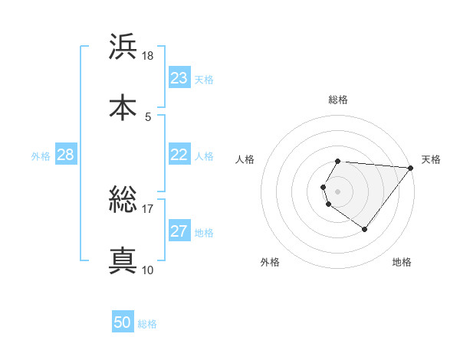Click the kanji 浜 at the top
(123, 47)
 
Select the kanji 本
(123, 107)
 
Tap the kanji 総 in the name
(123, 201)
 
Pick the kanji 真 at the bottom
(123, 260)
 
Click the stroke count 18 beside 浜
(148, 56)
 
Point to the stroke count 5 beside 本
(148, 116)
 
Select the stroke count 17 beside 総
(148, 209)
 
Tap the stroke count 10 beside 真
(148, 270)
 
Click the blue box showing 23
(179, 78)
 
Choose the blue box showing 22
(179, 155)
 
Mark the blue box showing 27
(179, 231)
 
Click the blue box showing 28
(66, 155)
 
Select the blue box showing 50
(123, 322)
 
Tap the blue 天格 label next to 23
(204, 79)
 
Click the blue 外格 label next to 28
(41, 155)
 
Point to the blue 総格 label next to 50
(147, 323)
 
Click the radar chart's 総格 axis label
(338, 100)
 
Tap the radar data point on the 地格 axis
(364, 229)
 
